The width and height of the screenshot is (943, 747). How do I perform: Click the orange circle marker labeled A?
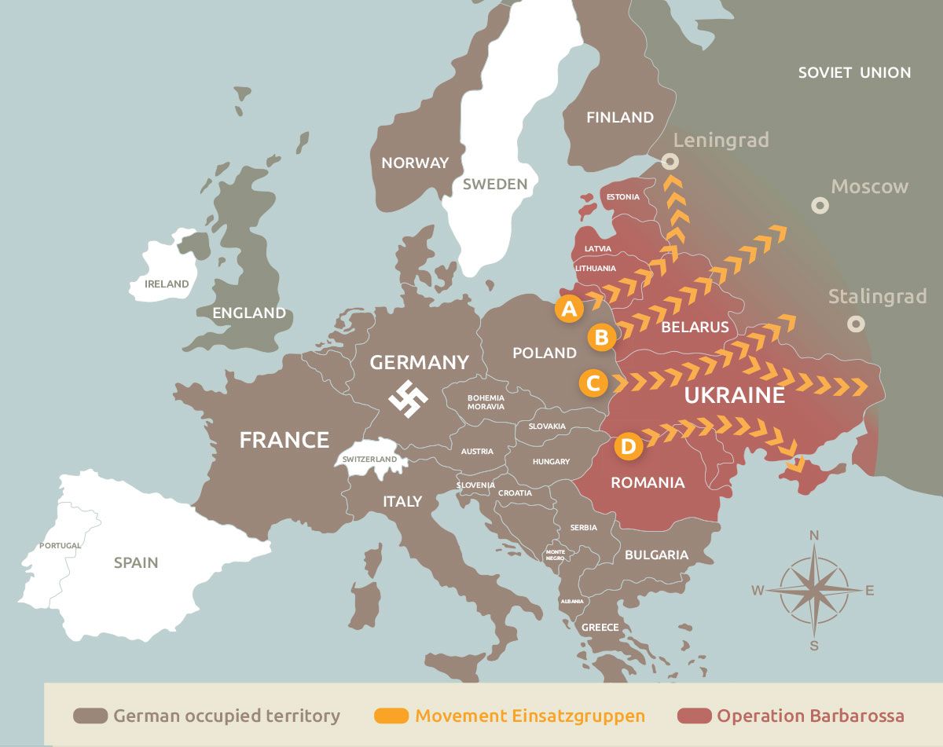[x=569, y=309]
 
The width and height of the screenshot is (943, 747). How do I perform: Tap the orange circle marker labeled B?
[x=602, y=338]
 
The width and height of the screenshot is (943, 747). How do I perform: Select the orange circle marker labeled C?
[x=593, y=383]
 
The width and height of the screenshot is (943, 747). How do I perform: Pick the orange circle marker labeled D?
[x=628, y=446]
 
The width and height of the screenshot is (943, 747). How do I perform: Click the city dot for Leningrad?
[x=670, y=161]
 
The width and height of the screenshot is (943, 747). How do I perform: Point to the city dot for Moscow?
[x=820, y=206]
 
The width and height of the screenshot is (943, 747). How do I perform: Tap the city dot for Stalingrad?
[x=856, y=324]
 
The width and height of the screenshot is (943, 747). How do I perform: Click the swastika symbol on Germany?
[x=409, y=399]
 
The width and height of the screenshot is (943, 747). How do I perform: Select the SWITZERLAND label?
[x=369, y=460]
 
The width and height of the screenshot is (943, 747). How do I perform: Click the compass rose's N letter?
[x=814, y=536]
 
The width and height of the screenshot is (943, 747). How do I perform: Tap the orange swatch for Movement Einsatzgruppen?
[x=391, y=716]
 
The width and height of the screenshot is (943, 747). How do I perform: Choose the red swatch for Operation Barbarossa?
[x=693, y=716]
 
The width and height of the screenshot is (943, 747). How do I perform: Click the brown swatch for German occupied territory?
[x=90, y=716]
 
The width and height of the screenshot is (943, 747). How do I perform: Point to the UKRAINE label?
[x=734, y=394]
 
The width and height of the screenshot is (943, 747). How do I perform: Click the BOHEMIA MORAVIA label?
[x=486, y=402]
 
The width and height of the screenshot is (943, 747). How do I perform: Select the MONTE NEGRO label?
[x=555, y=555]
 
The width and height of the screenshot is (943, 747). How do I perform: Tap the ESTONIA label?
[x=623, y=196]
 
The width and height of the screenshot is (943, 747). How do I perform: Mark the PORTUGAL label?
[x=61, y=545]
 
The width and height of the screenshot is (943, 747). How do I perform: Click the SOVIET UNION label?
[x=854, y=72]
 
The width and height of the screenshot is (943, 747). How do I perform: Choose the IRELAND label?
[x=167, y=284]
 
